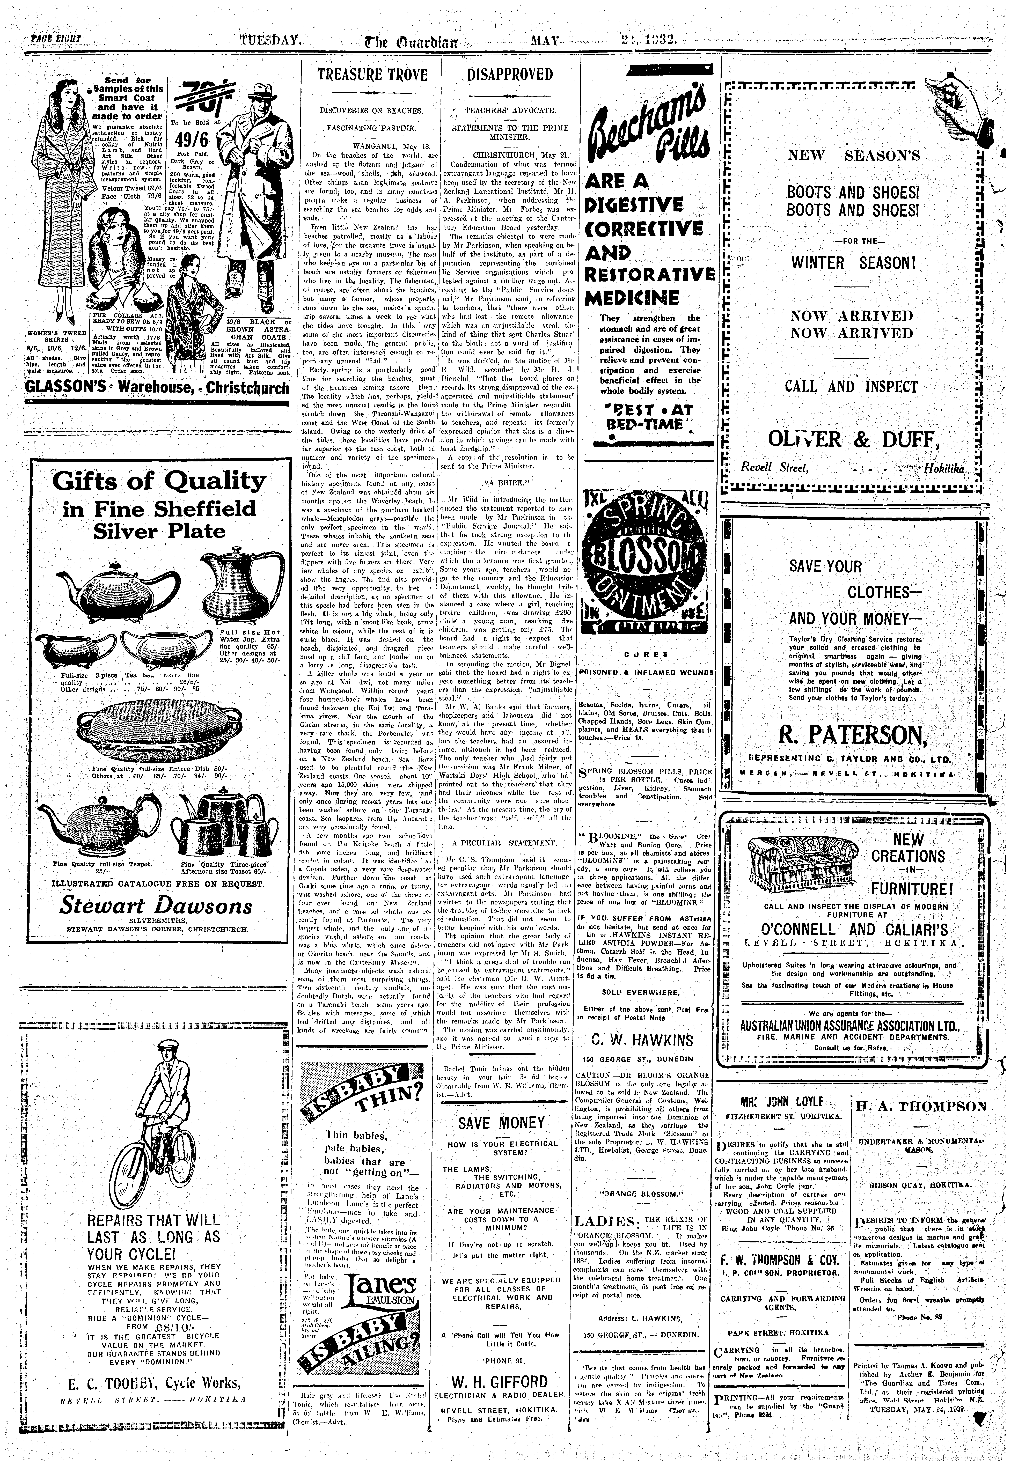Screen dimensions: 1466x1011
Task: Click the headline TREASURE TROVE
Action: click(372, 75)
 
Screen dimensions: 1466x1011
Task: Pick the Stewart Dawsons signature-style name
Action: click(156, 906)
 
